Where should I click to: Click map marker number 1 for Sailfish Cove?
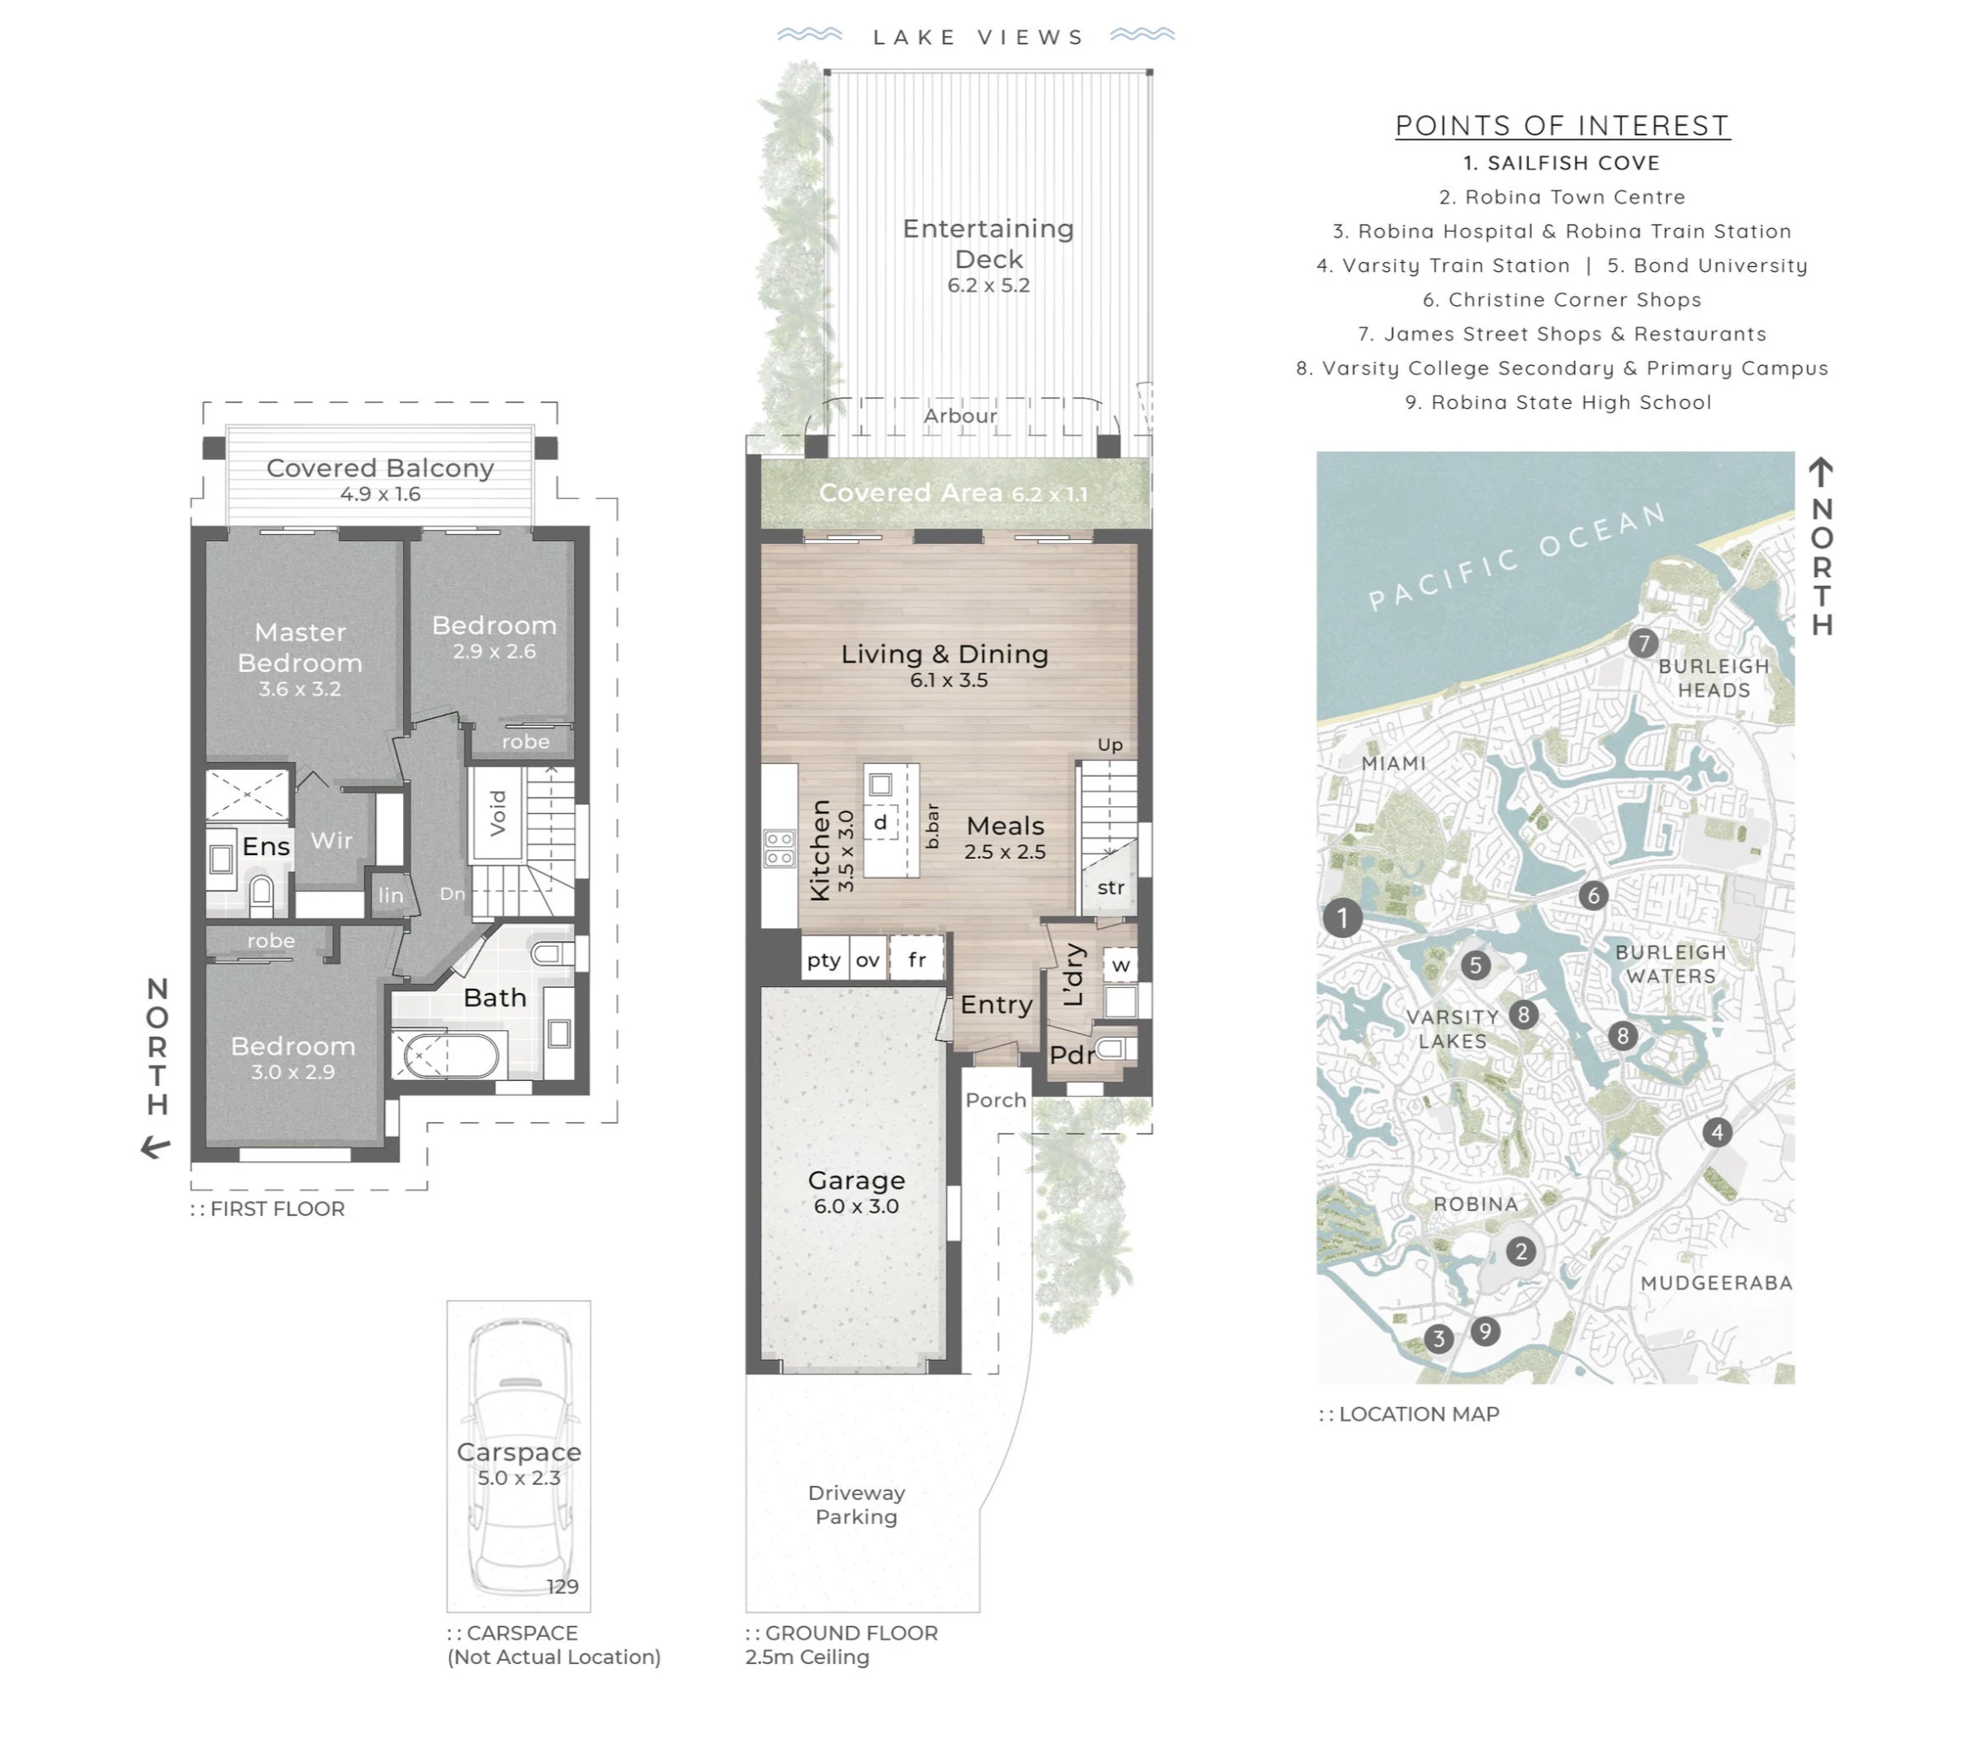coord(1342,917)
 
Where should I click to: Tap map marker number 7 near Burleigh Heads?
coord(1643,643)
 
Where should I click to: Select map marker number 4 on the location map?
coord(1717,1132)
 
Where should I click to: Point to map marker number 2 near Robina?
coord(1521,1252)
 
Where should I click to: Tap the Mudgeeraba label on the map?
coord(1716,1283)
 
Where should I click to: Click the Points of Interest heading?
coord(1562,125)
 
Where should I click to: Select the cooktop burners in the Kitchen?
coord(779,848)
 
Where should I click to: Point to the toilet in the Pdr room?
coord(1111,1049)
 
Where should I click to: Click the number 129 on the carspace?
coord(562,1586)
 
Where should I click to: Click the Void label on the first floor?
coord(498,813)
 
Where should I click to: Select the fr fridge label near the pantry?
coord(916,960)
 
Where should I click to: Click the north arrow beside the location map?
coord(1821,472)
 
